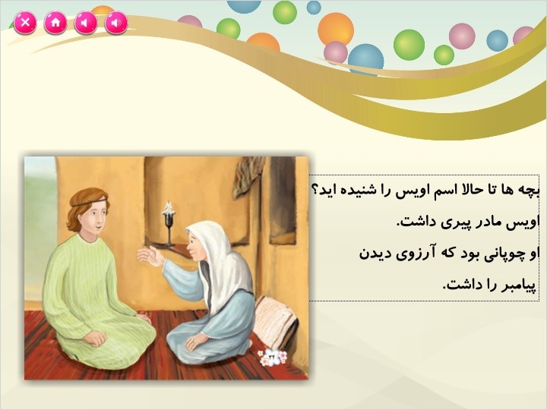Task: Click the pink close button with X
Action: click(25, 23)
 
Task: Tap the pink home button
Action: click(55, 23)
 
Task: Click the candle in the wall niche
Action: click(169, 224)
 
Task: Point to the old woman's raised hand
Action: click(150, 257)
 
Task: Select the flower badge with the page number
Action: click(273, 358)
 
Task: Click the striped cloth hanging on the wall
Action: click(248, 176)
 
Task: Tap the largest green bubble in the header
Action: click(409, 45)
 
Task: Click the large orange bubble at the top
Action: click(336, 30)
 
